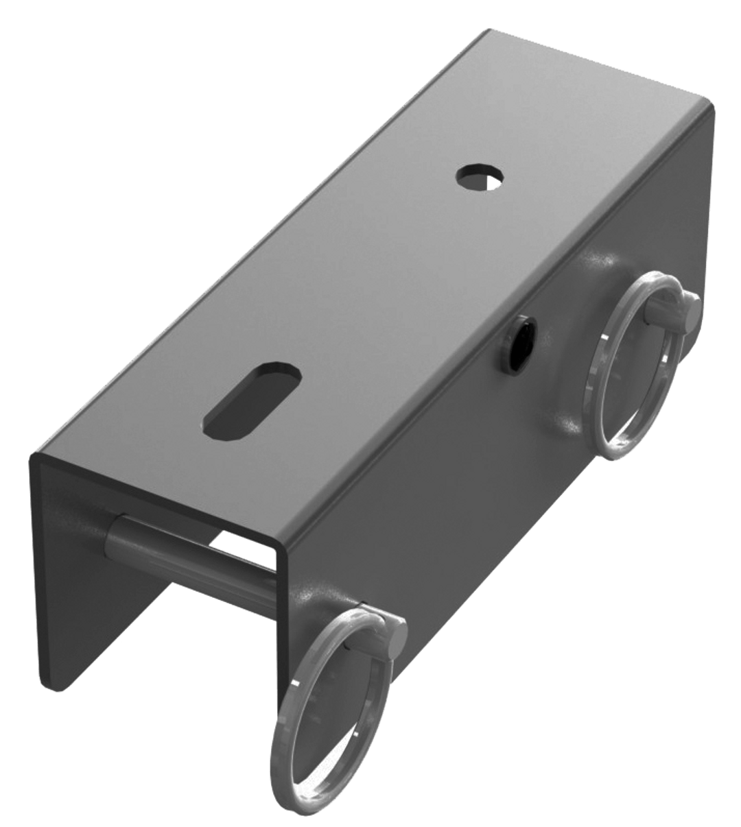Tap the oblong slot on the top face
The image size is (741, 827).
click(x=254, y=398)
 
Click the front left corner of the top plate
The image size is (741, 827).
click(x=34, y=458)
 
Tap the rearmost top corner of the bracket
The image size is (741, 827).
click(x=487, y=31)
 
